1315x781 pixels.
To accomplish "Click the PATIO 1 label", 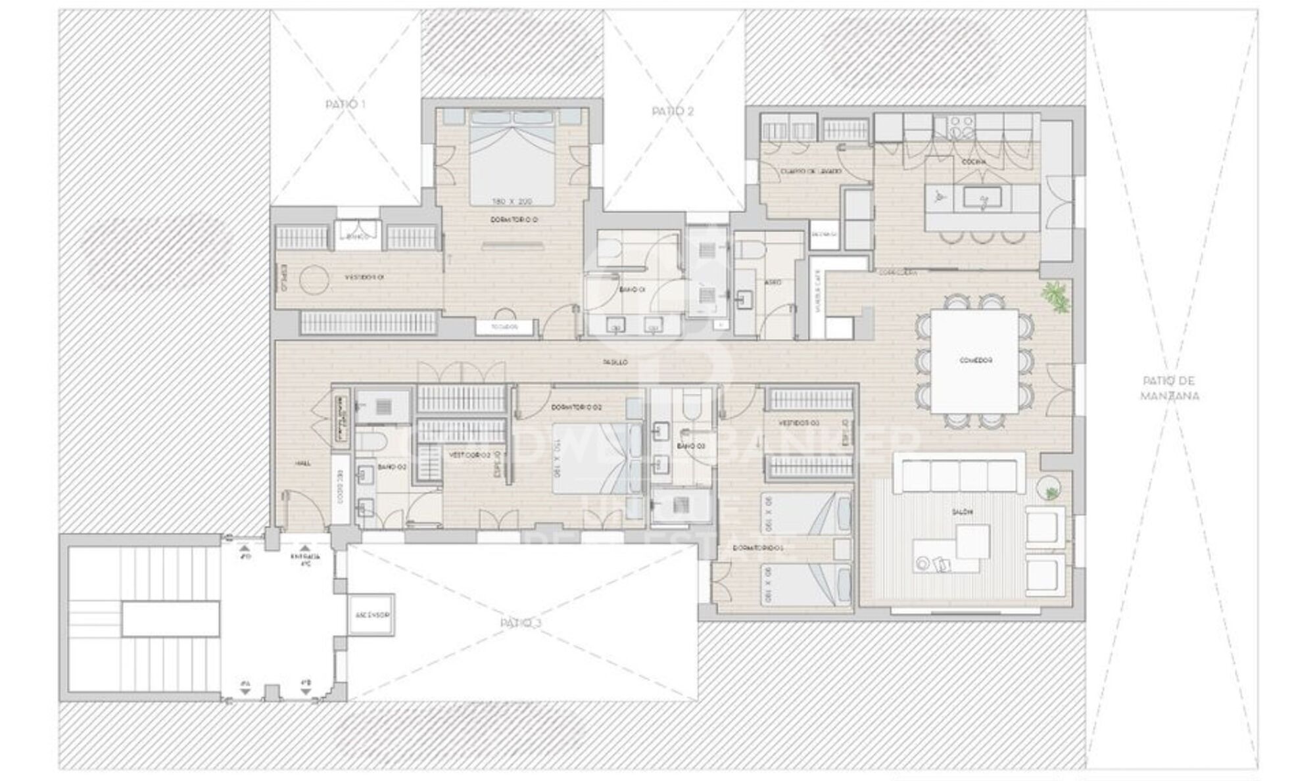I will pos(345,104).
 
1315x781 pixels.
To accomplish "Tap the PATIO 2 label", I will pos(673,111).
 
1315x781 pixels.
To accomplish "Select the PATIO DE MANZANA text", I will pos(1170,388).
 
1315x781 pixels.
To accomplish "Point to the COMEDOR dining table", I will pos(975,360).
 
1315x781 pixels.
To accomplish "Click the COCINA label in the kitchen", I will pos(973,162).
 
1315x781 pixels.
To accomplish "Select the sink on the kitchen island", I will pos(982,197).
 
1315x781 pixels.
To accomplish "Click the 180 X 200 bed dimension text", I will pos(512,201).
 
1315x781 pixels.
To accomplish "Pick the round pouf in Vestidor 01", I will pos(314,279).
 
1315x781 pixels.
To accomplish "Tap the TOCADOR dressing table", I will pos(504,327).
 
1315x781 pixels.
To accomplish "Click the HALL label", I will pos(303,463).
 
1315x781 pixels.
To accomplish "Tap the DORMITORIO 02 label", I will pos(577,408).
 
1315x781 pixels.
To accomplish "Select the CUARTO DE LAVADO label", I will pos(811,171).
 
